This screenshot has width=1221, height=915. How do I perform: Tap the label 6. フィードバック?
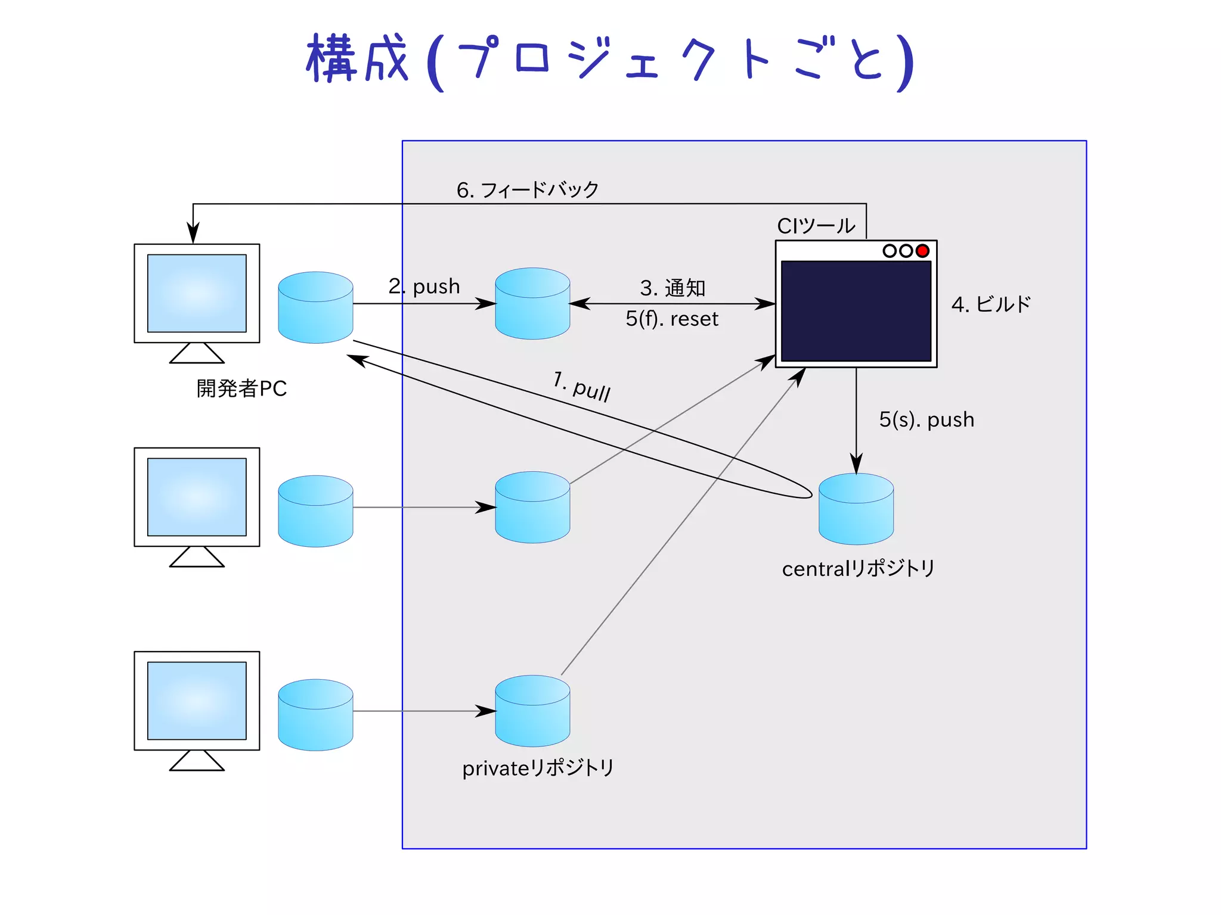pyautogui.click(x=528, y=190)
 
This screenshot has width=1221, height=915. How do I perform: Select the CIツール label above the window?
pyautogui.click(x=816, y=226)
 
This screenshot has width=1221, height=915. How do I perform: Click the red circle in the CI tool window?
pyautogui.click(x=922, y=251)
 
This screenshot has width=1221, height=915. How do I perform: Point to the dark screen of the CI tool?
pyautogui.click(x=856, y=311)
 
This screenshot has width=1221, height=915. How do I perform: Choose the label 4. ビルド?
pyautogui.click(x=991, y=304)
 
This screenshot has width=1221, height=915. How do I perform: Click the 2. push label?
pyautogui.click(x=424, y=287)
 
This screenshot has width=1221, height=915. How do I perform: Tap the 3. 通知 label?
pyautogui.click(x=673, y=288)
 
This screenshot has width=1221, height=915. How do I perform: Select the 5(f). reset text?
pyautogui.click(x=672, y=319)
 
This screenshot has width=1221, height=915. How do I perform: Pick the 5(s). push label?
pyautogui.click(x=926, y=420)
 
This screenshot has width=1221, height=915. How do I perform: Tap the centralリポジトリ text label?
pyautogui.click(x=858, y=569)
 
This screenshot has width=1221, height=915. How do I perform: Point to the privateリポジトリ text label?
pyautogui.click(x=538, y=768)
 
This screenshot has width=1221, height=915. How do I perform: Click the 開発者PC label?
pyautogui.click(x=241, y=388)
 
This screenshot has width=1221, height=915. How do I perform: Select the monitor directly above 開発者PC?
pyautogui.click(x=197, y=294)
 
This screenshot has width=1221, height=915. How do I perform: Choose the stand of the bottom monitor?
pyautogui.click(x=197, y=761)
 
